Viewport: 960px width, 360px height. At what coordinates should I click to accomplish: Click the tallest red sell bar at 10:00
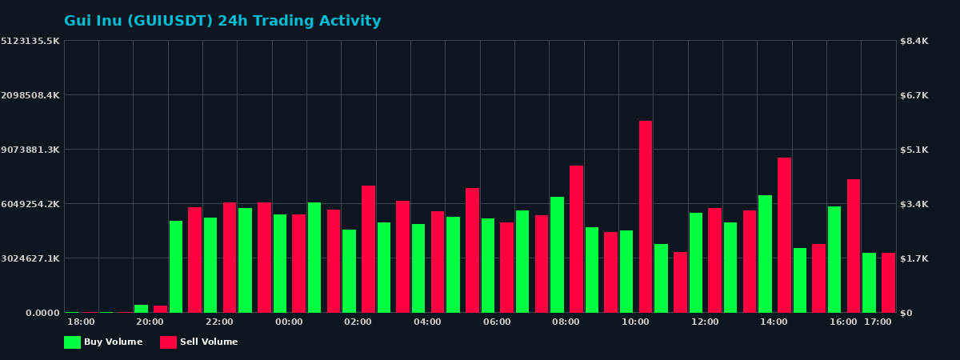click(x=646, y=216)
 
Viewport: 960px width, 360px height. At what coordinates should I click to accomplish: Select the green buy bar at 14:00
click(x=765, y=254)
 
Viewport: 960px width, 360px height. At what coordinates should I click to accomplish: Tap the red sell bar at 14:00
click(x=784, y=234)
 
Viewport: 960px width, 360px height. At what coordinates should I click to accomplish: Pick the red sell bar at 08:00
click(x=576, y=238)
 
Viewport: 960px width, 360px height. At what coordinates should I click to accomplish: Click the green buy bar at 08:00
click(x=557, y=254)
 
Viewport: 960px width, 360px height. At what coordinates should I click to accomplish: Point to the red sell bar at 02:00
click(x=368, y=249)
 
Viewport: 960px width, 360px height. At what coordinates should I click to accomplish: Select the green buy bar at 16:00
click(x=834, y=259)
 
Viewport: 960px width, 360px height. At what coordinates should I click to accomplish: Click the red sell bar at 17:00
click(x=888, y=282)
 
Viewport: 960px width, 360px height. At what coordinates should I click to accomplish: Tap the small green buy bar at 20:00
click(x=141, y=308)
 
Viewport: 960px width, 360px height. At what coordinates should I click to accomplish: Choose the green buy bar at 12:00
click(x=696, y=262)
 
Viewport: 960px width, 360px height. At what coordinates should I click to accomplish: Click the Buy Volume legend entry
click(x=103, y=342)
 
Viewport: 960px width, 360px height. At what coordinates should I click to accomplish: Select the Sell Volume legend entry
click(x=199, y=342)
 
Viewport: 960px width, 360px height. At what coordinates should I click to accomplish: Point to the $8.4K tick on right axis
click(x=914, y=41)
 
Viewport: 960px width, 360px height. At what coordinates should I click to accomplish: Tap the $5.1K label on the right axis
click(x=914, y=150)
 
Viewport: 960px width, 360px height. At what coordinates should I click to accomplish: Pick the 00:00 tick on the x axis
click(x=289, y=322)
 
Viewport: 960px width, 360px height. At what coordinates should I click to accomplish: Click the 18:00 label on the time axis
click(x=81, y=322)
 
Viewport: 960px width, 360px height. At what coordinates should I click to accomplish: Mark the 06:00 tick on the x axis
click(x=497, y=322)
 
